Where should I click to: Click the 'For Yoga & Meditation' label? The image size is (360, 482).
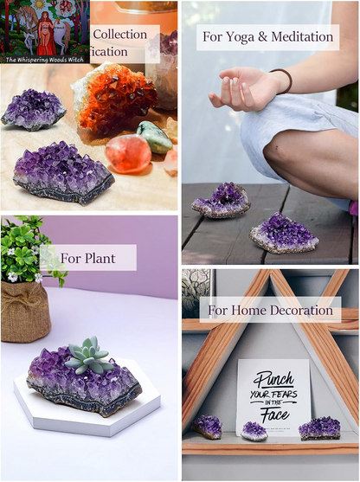267,37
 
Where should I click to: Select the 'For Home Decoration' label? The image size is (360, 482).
270,310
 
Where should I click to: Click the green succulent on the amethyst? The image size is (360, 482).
88,356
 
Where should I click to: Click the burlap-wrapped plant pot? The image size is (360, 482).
24,309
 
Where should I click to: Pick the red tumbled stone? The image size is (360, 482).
127,152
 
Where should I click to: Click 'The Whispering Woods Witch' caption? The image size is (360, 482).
46,60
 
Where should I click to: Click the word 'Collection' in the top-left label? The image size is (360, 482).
119,35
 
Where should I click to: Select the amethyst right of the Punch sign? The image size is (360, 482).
318,427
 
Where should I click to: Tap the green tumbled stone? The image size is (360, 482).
154,137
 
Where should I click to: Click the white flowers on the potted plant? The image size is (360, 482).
12,276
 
